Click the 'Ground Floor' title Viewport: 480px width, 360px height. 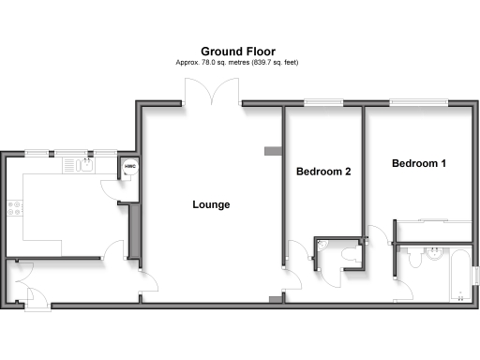[x=239, y=51]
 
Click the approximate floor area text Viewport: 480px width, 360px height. [x=239, y=62]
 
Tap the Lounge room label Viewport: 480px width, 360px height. [x=211, y=204]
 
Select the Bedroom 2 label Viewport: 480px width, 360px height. [x=323, y=172]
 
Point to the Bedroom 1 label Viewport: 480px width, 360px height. [x=418, y=163]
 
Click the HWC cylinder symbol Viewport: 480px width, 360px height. [x=130, y=169]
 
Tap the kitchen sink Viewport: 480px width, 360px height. [x=78, y=166]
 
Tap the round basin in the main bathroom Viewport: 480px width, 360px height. [x=434, y=251]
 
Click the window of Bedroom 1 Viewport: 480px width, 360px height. [x=418, y=101]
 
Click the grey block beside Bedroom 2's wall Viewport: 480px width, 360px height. [x=273, y=148]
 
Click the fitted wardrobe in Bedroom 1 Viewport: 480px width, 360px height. [x=432, y=231]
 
